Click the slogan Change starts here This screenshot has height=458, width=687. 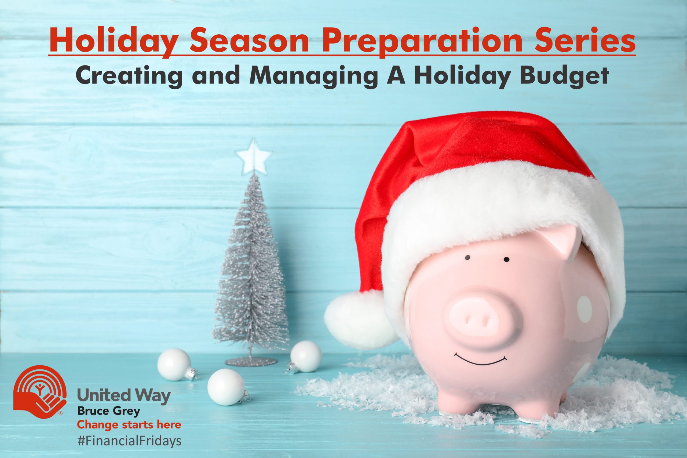tap(129, 424)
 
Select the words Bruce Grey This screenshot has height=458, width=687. tap(109, 412)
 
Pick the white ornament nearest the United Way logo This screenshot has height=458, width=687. tap(174, 365)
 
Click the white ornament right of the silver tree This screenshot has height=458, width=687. tap(306, 356)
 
